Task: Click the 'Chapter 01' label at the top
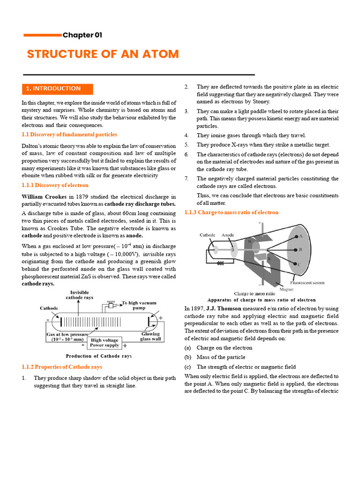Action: click(82, 35)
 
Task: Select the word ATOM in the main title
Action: click(161, 54)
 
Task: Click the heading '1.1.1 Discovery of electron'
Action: click(55, 185)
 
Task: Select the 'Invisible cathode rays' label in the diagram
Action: click(79, 295)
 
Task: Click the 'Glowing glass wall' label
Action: click(150, 337)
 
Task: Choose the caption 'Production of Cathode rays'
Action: click(98, 356)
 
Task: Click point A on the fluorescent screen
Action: click(300, 237)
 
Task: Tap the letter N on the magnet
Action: click(249, 242)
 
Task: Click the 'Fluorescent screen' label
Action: click(307, 283)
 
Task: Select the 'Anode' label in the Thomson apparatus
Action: click(228, 235)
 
